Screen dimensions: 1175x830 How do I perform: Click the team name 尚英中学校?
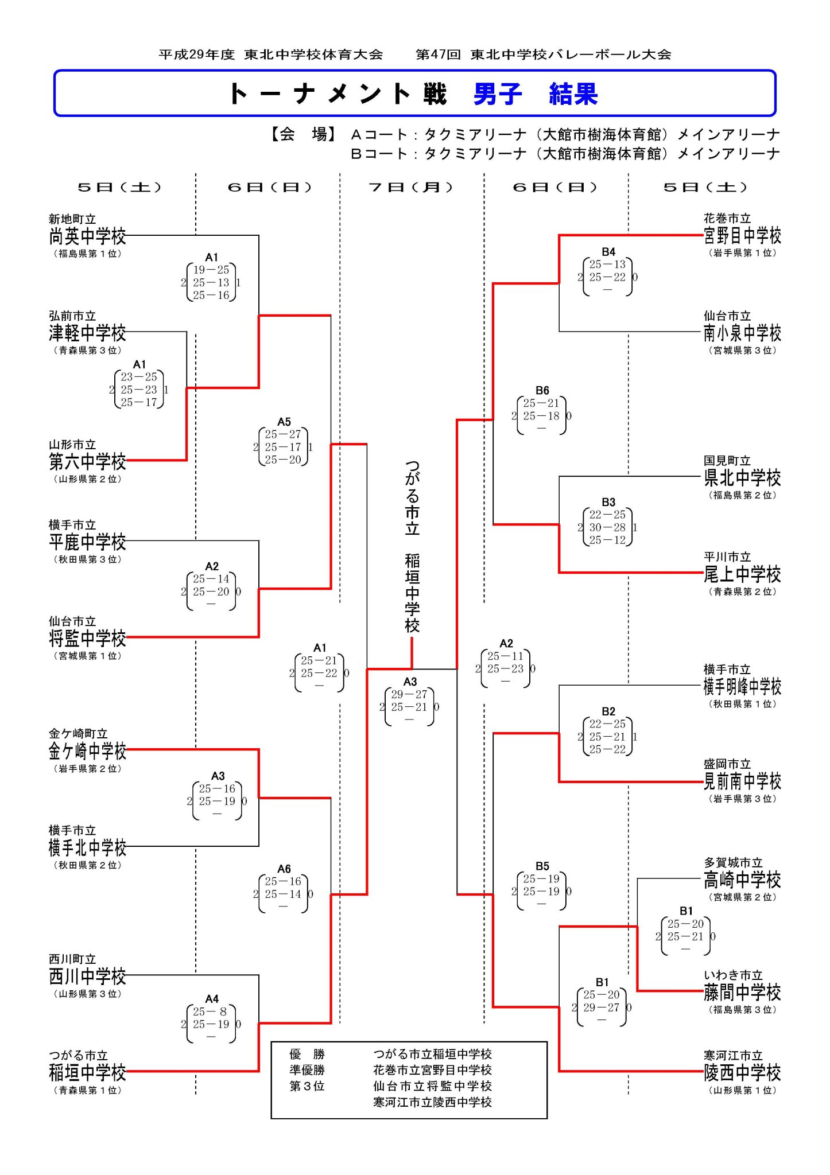pos(87,236)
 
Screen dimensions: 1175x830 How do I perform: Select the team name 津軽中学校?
pos(87,333)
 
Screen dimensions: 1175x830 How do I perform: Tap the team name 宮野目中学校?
pos(742,235)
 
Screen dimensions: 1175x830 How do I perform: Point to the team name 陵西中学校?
pos(742,1072)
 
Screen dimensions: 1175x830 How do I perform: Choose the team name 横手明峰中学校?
pos(742,686)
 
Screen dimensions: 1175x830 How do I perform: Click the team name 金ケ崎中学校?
pos(87,751)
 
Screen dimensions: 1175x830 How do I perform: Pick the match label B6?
pos(542,391)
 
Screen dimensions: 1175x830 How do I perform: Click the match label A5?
pos(284,422)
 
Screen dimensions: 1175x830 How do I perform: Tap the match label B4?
pos(608,252)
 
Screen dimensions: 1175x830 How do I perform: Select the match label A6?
pos(284,869)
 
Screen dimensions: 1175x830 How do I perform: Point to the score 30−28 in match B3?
pos(607,527)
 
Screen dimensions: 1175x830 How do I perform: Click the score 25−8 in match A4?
pos(211,1011)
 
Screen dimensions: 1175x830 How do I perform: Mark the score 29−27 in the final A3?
pos(409,694)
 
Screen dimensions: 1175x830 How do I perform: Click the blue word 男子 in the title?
pos(498,94)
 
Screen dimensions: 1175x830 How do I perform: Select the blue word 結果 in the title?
pos(573,94)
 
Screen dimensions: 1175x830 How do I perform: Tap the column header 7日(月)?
pos(411,188)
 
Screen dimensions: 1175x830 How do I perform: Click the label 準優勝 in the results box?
pos(307,1070)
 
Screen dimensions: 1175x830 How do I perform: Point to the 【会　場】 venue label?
pos(303,134)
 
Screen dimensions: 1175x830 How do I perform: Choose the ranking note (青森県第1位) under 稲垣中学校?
pos(87,1090)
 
